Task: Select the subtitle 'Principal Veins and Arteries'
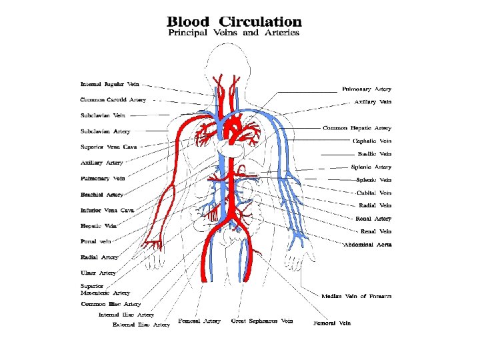233,33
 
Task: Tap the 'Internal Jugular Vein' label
111,85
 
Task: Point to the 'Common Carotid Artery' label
113,100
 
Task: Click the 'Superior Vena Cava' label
108,147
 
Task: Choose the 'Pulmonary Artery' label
367,89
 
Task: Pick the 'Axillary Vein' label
373,102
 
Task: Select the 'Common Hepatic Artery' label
357,127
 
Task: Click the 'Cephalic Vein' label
372,141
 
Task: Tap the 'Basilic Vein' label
375,154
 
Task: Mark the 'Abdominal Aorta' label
367,245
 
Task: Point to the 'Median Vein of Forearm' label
356,296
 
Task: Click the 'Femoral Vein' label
332,323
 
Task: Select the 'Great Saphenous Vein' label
262,321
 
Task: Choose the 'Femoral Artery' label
199,321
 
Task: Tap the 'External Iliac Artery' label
141,325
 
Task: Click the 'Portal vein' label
95,241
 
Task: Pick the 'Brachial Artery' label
102,195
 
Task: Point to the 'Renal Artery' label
373,219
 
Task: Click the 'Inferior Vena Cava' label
107,210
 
